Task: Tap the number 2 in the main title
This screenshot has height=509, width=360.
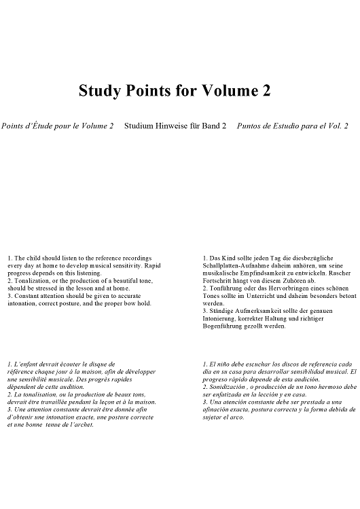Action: pyautogui.click(x=266, y=91)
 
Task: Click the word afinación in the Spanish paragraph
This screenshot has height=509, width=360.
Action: pyautogui.click(x=219, y=409)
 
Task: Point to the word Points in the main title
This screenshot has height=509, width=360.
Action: pyautogui.click(x=151, y=91)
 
